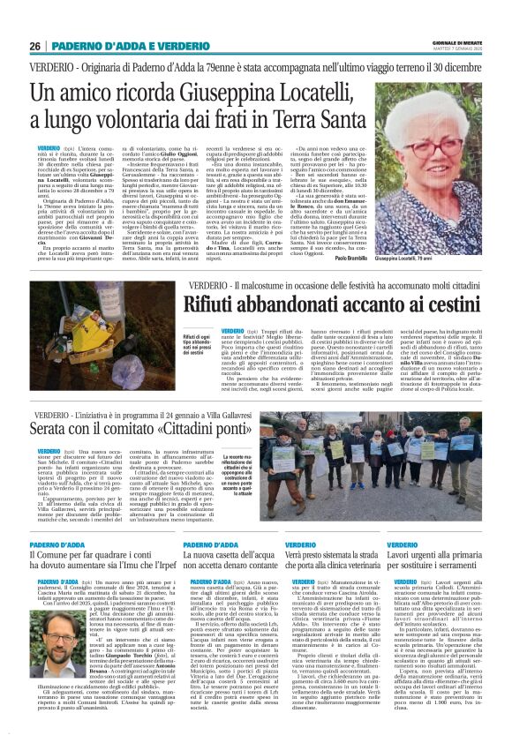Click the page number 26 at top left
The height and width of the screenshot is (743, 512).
point(35,46)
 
